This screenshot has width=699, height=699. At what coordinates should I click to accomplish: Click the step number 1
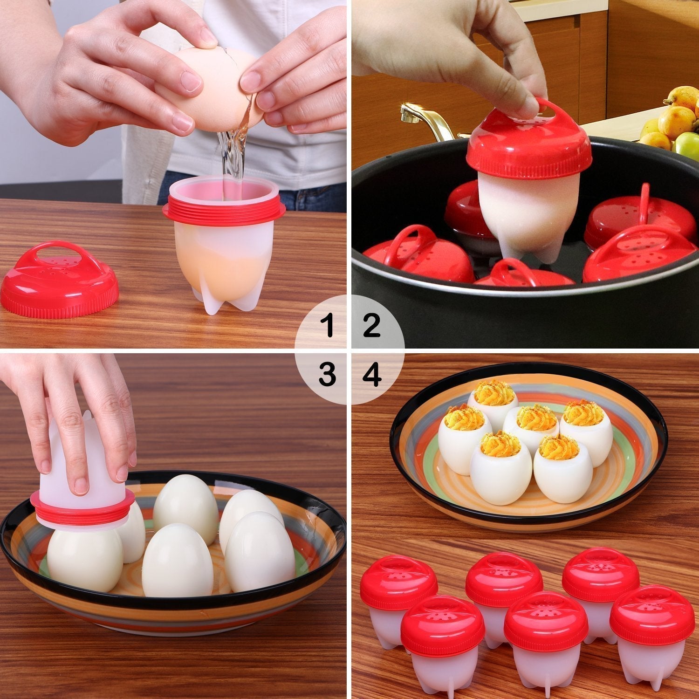[x=329, y=325]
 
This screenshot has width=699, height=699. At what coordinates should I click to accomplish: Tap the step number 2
[x=371, y=325]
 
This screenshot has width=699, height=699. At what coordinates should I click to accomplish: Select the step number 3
[x=328, y=374]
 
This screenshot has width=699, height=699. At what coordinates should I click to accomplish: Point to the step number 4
[x=371, y=374]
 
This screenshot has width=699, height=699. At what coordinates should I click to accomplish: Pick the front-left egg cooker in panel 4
[x=442, y=643]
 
